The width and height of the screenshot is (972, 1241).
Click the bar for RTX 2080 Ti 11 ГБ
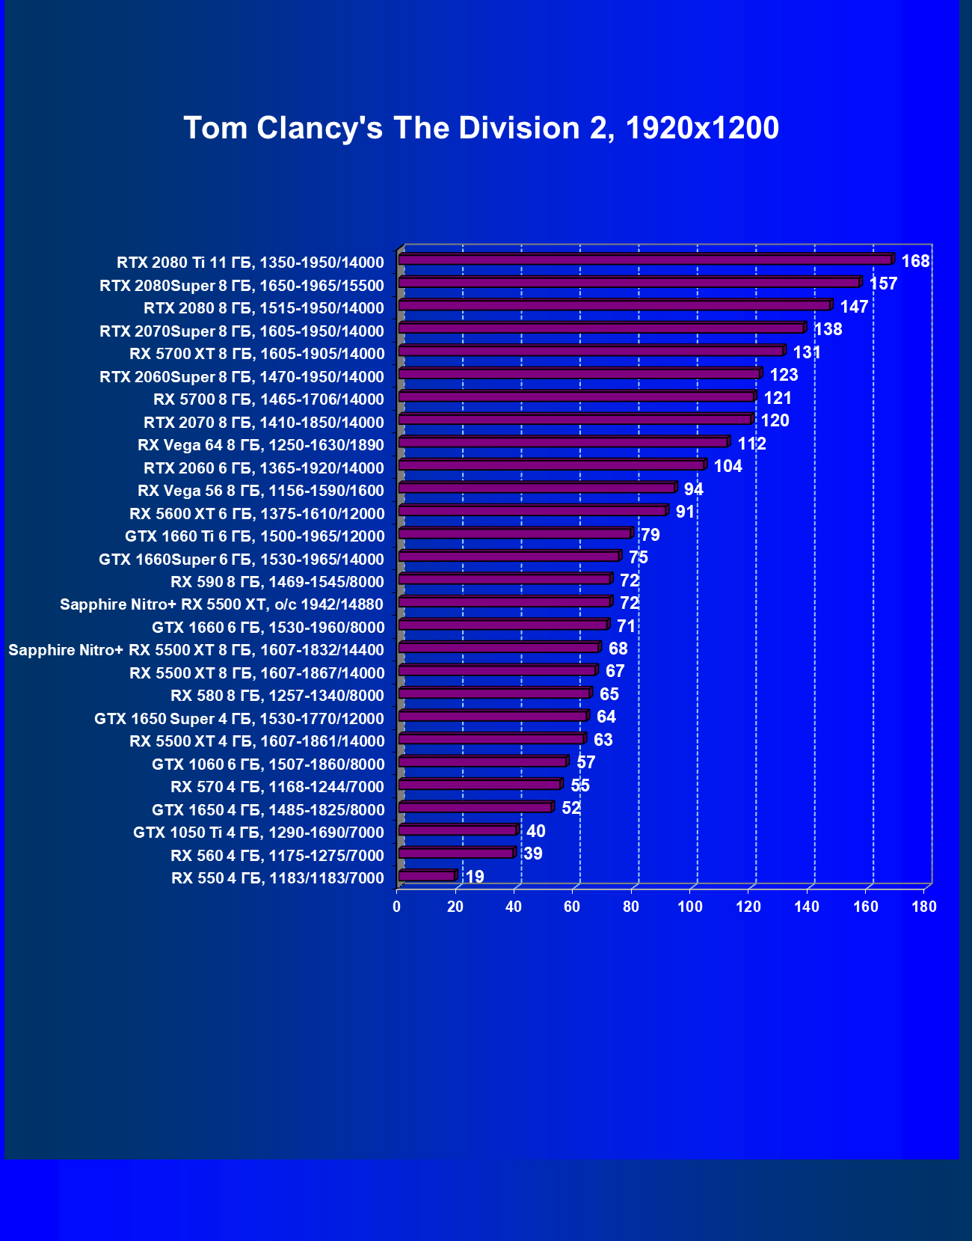point(645,260)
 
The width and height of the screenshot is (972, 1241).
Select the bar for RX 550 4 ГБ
point(427,876)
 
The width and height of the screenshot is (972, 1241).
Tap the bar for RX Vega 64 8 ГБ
point(563,442)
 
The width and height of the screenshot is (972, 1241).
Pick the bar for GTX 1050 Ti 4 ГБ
point(458,830)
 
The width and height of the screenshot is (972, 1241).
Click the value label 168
point(915,261)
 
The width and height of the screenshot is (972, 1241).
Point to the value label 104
point(728,467)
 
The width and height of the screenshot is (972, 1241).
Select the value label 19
point(475,877)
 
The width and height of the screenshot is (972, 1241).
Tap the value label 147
point(854,307)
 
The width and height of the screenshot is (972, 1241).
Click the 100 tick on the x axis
point(689,907)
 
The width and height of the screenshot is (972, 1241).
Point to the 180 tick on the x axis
point(924,907)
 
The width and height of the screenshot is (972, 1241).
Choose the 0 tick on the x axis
point(396,907)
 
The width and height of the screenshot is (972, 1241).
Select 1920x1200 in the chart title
point(702,128)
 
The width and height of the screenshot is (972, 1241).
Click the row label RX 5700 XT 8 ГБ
point(256,354)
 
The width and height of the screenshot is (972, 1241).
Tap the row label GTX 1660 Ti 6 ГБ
point(254,536)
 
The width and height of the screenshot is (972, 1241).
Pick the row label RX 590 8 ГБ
point(277,582)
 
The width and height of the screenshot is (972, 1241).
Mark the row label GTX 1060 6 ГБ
point(268,764)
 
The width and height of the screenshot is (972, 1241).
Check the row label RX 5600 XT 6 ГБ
point(256,514)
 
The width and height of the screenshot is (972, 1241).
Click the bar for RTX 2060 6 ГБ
point(551,465)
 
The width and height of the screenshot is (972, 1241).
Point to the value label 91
point(685,512)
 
